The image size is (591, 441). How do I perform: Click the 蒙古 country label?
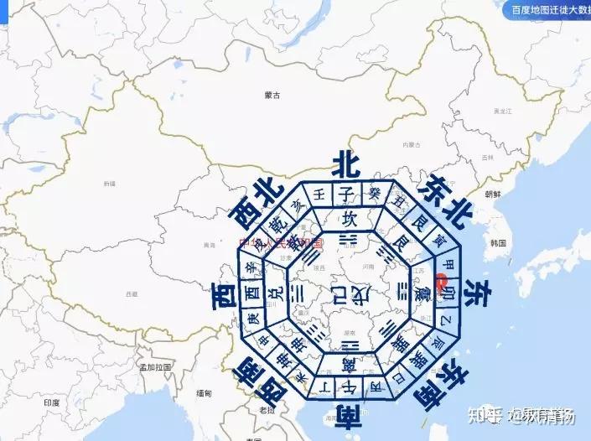[x=271, y=96]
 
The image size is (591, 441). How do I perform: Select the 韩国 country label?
[x=499, y=243]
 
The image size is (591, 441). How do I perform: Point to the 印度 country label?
[x=52, y=403]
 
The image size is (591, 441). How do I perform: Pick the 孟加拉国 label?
[x=155, y=367]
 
